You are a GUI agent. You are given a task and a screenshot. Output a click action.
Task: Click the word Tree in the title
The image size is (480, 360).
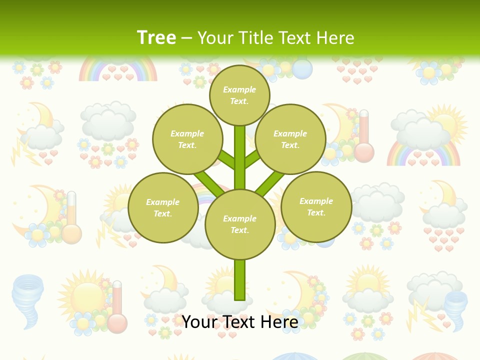pos(156,37)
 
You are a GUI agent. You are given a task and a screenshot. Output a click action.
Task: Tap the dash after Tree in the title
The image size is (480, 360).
pos(186,38)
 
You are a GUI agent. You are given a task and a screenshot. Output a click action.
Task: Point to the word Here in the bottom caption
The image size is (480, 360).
pos(277,322)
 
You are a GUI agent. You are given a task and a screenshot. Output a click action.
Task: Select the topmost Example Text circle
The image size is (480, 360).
pos(239,95)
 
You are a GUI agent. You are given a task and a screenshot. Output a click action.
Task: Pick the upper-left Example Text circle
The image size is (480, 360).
pos(187,139)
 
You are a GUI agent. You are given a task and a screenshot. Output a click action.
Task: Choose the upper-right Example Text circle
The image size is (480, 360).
pos(290,139)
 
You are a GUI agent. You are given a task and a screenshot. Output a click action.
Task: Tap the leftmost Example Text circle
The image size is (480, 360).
pos(163,207)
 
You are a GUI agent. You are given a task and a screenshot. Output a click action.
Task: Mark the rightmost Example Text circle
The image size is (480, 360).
pos(316,206)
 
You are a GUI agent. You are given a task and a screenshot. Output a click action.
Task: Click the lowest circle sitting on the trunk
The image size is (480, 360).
pos(240,224)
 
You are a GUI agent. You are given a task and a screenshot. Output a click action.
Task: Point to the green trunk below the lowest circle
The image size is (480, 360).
pos(240,280)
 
